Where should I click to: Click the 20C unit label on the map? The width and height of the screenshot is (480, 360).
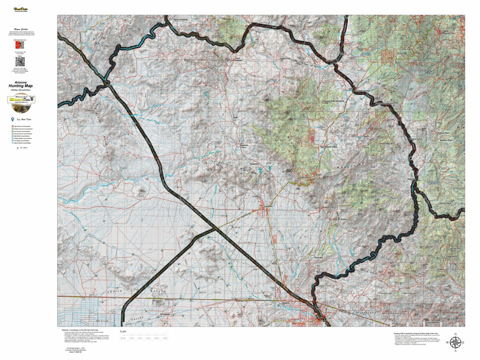290,171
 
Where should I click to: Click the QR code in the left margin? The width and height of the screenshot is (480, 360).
20,62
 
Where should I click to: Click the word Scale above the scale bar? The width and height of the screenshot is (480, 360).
123,331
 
